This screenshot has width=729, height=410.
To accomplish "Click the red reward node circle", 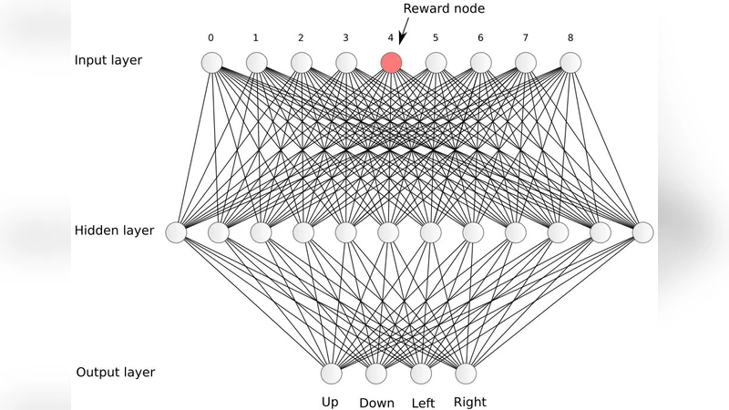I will pos(391,62).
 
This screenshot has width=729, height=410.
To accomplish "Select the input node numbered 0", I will pos(211,62).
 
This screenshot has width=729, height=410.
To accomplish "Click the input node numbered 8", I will pos(570,62).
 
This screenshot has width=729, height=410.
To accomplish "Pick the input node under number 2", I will pos(301,62).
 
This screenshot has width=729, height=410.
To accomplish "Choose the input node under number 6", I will pos(480,62).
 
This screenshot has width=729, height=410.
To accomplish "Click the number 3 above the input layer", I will pos(345,38).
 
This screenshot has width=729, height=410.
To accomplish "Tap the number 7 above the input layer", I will pos(525,38).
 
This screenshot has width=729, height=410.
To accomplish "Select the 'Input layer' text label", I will pos(108,61).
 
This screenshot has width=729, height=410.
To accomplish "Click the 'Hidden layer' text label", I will pos(114,231).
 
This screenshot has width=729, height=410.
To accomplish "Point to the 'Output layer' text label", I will pos(115,373).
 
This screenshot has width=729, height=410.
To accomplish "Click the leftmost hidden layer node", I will pos(176,232).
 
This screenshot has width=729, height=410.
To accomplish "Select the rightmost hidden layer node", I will pos(643,232).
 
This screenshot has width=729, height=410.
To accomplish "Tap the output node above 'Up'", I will pos(331,374).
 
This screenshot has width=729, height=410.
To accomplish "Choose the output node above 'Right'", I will pos(466,374).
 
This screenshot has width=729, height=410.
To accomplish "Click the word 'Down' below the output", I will pos(376,403).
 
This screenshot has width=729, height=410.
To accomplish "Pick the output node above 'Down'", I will pos(376,374).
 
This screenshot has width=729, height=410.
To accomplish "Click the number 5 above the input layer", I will pos(436,38).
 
